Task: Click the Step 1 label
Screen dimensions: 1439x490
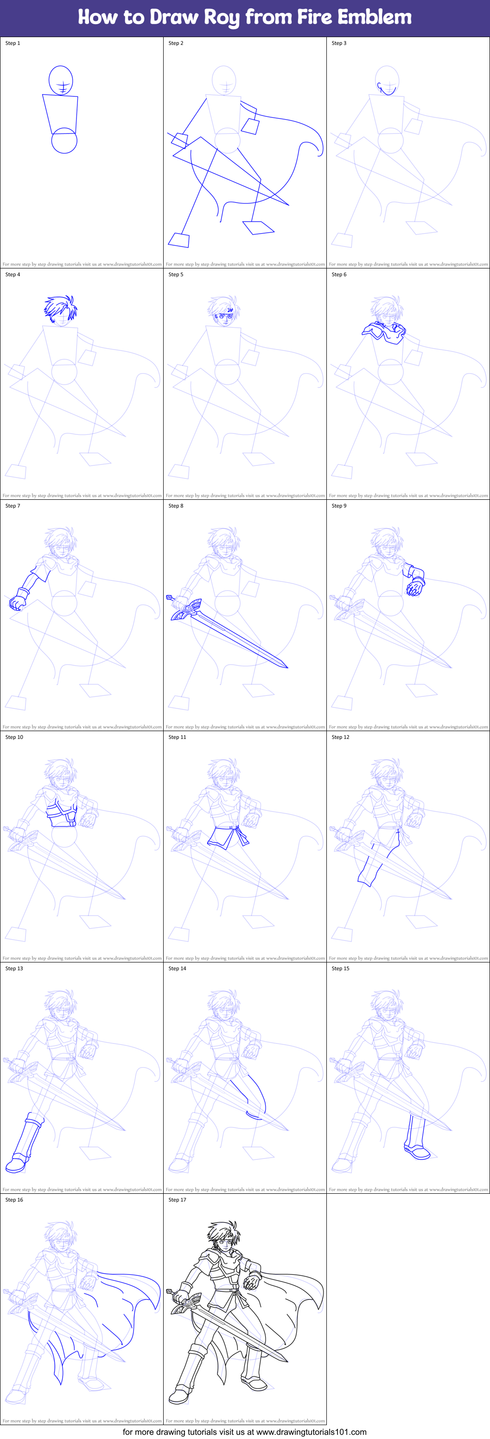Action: (x=13, y=43)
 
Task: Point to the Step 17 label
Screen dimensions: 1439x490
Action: (x=177, y=1199)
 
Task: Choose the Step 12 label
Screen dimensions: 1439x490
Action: (x=340, y=737)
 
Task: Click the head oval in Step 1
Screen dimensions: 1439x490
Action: (x=61, y=80)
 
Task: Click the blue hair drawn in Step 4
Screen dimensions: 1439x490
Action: (x=60, y=307)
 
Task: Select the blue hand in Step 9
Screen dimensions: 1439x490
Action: (x=414, y=588)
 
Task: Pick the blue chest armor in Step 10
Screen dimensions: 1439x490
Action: (x=62, y=813)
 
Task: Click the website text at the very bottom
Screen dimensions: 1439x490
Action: (x=244, y=1432)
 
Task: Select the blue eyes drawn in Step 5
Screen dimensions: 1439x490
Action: (x=223, y=316)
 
